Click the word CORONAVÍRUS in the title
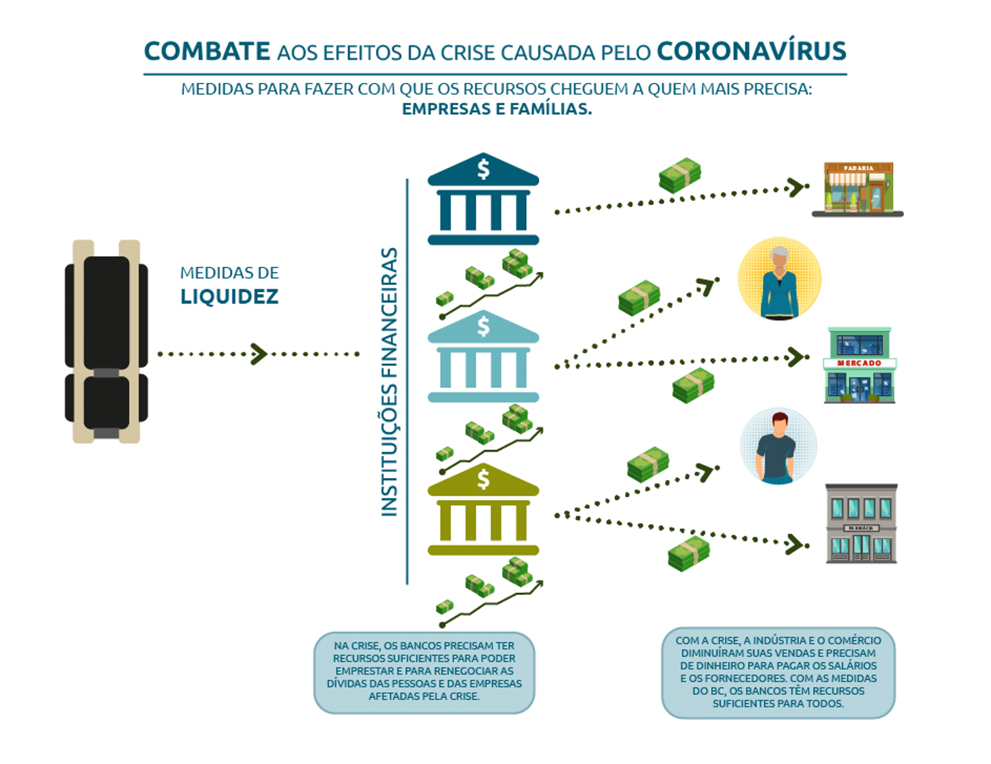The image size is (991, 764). pos(751,52)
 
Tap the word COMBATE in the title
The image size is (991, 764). pos(207,52)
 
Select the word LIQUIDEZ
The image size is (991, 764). pos(229,297)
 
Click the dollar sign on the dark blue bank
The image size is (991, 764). pos(483,168)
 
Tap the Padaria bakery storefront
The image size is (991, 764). pos(858,189)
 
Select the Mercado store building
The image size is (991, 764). pos(859,365)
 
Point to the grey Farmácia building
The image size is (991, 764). pos(861,524)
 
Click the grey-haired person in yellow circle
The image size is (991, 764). pos(779,279)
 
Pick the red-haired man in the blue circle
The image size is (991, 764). pos(779,446)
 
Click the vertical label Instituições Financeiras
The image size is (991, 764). pos(389,382)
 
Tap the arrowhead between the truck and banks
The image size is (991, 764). pos(258,354)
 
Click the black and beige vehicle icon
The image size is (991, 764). pos(107,342)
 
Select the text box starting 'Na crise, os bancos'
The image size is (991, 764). pos(424,671)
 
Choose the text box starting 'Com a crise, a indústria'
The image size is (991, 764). pos(778,672)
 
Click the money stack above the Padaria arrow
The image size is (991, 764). pos(679,175)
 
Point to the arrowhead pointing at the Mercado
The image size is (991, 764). pos(796,357)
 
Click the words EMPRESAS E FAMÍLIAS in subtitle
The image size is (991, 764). pos(497,109)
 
